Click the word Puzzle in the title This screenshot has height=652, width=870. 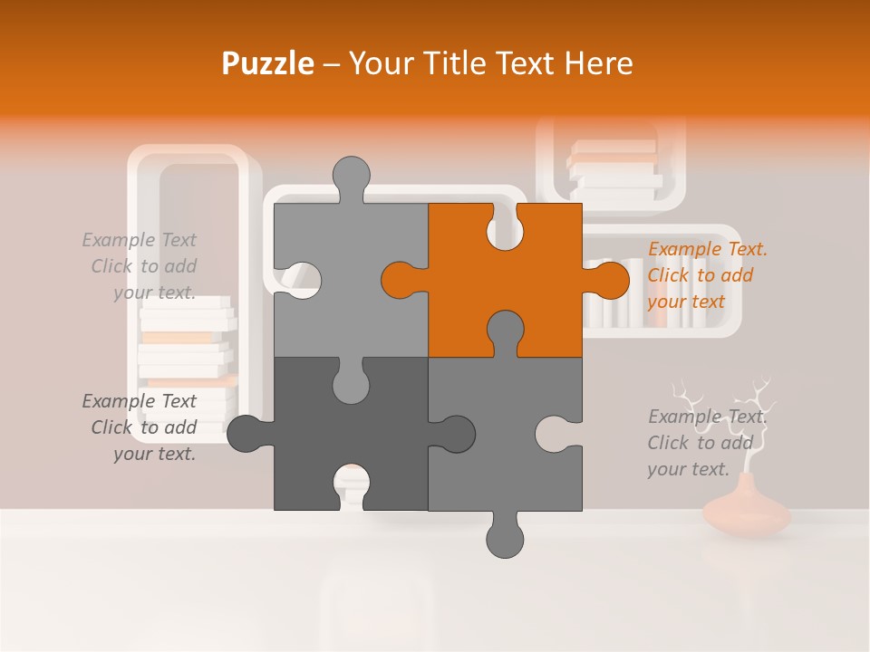pyautogui.click(x=268, y=63)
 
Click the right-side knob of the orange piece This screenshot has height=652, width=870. pyautogui.click(x=608, y=280)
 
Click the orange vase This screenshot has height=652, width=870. pyautogui.click(x=747, y=513)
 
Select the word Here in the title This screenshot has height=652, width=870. pyautogui.click(x=598, y=63)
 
